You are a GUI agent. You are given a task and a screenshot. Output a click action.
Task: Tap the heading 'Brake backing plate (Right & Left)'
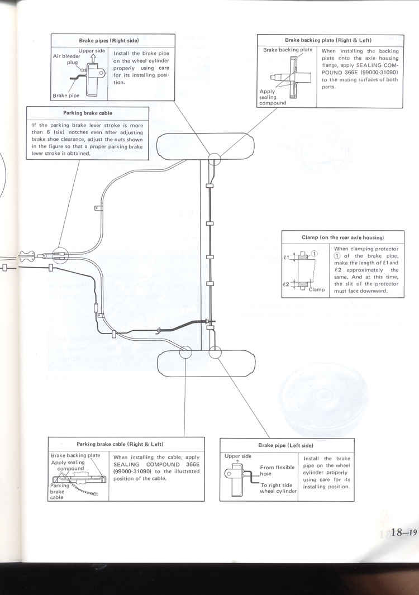pyautogui.click(x=328, y=40)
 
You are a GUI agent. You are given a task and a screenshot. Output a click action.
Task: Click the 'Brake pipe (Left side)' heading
pyautogui.click(x=285, y=445)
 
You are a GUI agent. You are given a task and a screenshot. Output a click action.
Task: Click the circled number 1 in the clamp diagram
pyautogui.click(x=314, y=253)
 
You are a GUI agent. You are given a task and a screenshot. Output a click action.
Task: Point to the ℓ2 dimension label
pyautogui.click(x=286, y=284)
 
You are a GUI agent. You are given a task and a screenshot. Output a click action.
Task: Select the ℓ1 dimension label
pyautogui.click(x=286, y=258)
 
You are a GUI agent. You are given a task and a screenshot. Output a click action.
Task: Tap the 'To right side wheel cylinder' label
pyautogui.click(x=278, y=488)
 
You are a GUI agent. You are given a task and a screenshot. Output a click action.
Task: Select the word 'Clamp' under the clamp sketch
pyautogui.click(x=317, y=289)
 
